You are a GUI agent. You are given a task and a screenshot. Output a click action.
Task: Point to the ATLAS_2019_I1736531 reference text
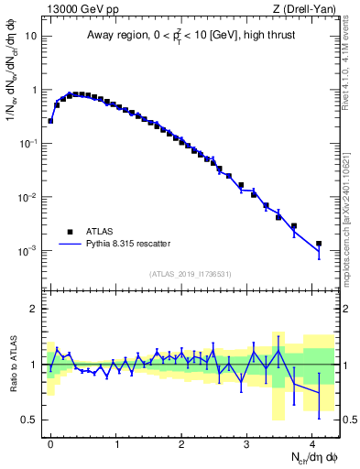(x=191, y=275)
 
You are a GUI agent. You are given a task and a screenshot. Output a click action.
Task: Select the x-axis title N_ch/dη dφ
(x=310, y=456)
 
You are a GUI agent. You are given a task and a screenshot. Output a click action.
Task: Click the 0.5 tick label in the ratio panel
(x=30, y=420)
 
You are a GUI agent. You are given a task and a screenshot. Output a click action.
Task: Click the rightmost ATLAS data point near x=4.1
(x=319, y=244)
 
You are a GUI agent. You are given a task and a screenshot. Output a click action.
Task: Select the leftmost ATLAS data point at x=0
(x=50, y=120)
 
